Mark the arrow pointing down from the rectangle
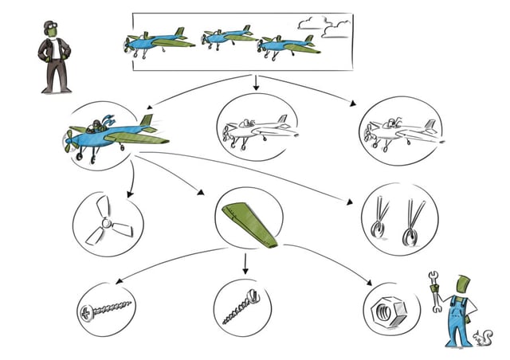click(x=256, y=81)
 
